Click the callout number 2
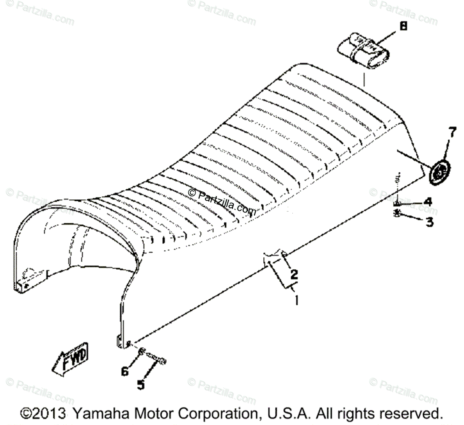click(294, 274)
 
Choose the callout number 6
click(125, 372)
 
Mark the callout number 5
click(141, 385)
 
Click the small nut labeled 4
click(397, 203)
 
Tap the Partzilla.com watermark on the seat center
click(222, 201)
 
